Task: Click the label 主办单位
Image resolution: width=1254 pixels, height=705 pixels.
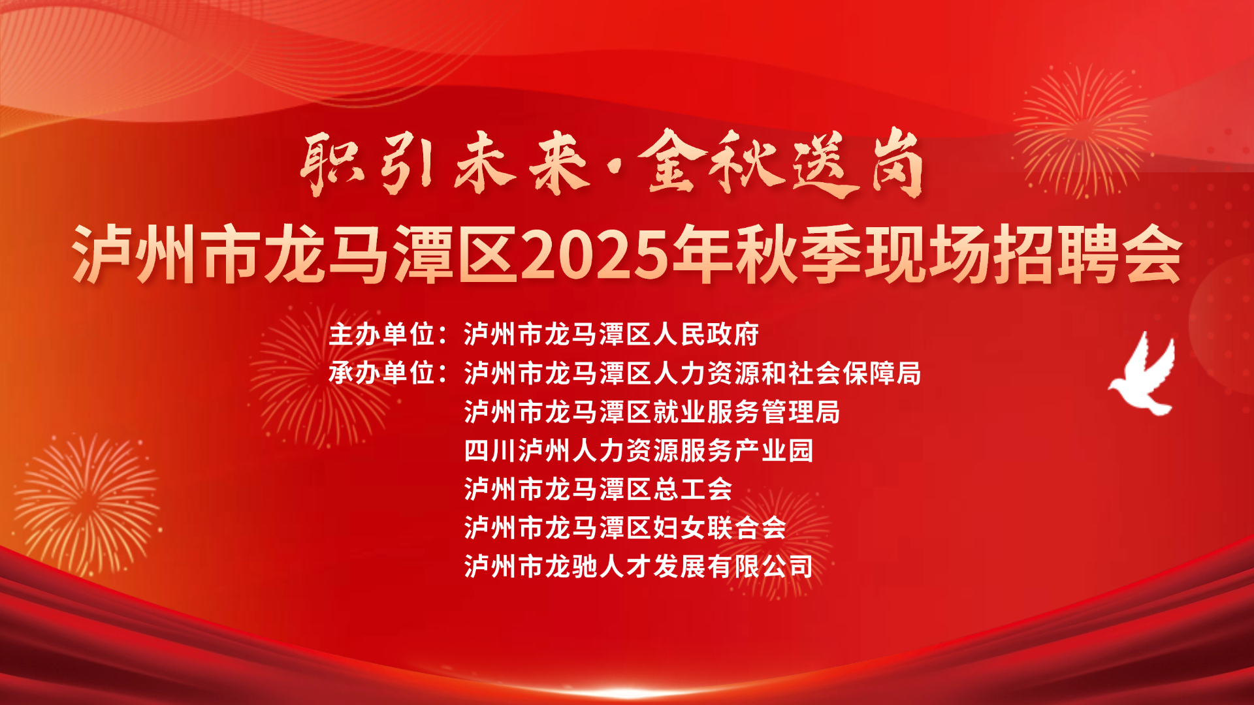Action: (x=381, y=334)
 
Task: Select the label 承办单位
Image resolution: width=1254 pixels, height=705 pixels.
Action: (x=381, y=373)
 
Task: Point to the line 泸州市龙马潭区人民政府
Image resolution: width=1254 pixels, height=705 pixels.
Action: (x=611, y=334)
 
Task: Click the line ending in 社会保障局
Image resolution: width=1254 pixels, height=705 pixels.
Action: (x=692, y=373)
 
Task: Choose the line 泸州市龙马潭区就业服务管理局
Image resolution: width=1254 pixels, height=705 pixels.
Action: (x=652, y=412)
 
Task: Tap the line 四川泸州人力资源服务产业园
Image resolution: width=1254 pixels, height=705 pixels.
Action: (x=638, y=450)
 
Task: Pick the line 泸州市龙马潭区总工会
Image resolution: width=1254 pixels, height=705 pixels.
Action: (x=598, y=489)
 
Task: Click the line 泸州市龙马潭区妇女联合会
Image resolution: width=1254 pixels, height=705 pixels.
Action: (x=625, y=527)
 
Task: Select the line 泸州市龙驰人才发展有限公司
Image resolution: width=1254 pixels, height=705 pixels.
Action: (x=638, y=566)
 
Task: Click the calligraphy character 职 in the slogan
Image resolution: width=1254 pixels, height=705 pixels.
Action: (x=330, y=164)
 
